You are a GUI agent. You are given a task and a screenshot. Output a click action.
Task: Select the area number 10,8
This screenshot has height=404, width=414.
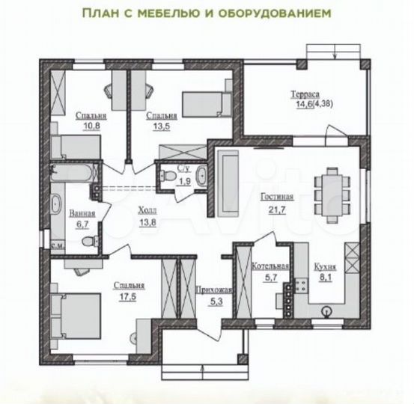pyautogui.click(x=91, y=126)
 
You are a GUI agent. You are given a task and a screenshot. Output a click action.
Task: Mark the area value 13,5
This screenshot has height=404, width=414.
pyautogui.click(x=162, y=126)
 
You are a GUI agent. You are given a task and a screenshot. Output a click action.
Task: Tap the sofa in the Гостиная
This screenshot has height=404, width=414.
pyautogui.click(x=228, y=182)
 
